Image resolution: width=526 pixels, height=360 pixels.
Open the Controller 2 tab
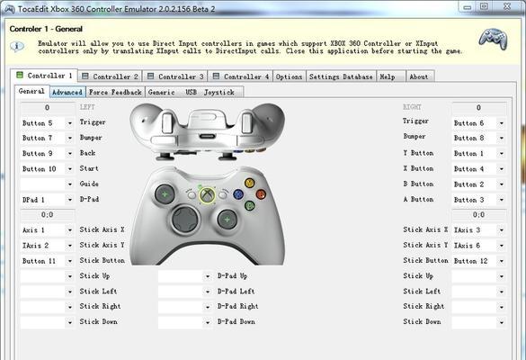coord(110,76)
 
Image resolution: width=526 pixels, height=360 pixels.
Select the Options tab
coord(290,76)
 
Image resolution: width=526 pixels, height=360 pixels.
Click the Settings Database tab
coord(341,76)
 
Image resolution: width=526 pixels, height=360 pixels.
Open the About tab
coord(420,76)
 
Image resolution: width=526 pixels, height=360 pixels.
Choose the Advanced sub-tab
coord(67,92)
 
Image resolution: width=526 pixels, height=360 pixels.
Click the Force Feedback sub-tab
coord(115,92)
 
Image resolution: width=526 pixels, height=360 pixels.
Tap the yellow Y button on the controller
coord(249,183)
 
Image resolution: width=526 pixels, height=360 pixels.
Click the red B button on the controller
coord(261,194)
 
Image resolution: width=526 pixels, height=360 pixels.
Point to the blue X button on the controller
coord(238,194)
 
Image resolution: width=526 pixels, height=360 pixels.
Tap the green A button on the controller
coord(249,205)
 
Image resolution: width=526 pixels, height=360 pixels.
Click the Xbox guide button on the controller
coord(208,195)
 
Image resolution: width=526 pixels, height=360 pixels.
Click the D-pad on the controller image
coord(185,220)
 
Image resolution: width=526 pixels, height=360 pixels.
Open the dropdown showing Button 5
coord(47,123)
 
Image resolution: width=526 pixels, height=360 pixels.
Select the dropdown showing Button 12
coord(478,261)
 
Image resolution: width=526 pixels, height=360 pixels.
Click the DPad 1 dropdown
coord(47,200)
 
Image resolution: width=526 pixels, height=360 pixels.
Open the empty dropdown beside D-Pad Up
coord(185,276)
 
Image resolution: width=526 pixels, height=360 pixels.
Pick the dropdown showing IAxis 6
coord(478,246)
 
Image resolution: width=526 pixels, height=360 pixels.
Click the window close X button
coord(507,6)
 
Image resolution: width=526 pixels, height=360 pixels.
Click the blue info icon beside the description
coord(17,46)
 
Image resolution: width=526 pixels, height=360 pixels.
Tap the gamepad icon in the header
coord(493,39)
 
